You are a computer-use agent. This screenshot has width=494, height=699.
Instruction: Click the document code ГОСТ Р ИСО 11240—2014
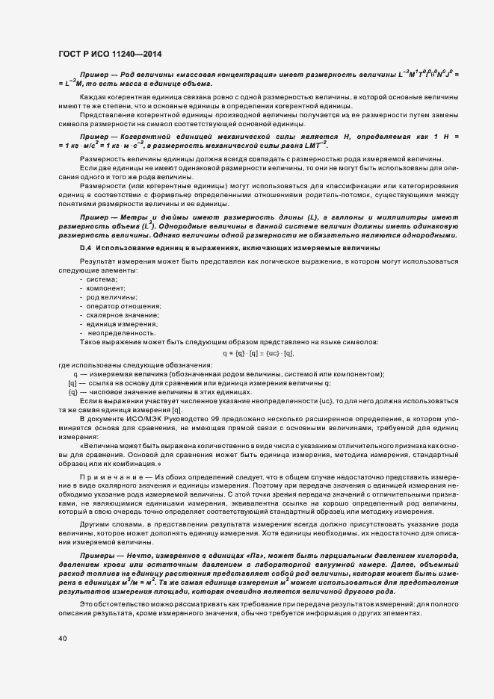click(x=109, y=54)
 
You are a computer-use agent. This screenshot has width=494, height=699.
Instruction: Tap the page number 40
click(x=62, y=639)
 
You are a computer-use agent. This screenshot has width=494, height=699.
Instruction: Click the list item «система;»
click(x=103, y=279)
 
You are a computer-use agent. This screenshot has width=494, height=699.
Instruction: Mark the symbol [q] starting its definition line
click(x=72, y=382)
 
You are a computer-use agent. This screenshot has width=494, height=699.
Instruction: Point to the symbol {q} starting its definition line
click(x=72, y=391)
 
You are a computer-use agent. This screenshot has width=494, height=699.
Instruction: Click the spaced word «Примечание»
click(x=106, y=476)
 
